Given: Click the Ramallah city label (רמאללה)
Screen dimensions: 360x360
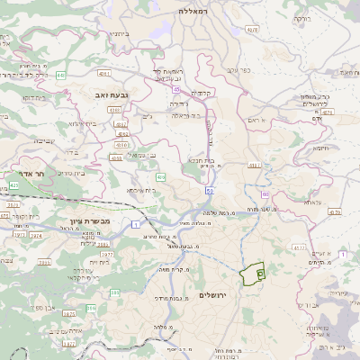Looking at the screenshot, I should tap(193, 12).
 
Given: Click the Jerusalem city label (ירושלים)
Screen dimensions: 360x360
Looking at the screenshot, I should tap(213, 295).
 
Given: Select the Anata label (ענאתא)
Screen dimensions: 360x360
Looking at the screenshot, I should tap(311, 202).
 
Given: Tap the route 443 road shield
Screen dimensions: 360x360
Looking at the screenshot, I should tap(60, 75).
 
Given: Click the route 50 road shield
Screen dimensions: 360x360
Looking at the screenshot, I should tap(209, 191).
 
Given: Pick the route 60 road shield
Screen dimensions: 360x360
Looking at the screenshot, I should tap(265, 193).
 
